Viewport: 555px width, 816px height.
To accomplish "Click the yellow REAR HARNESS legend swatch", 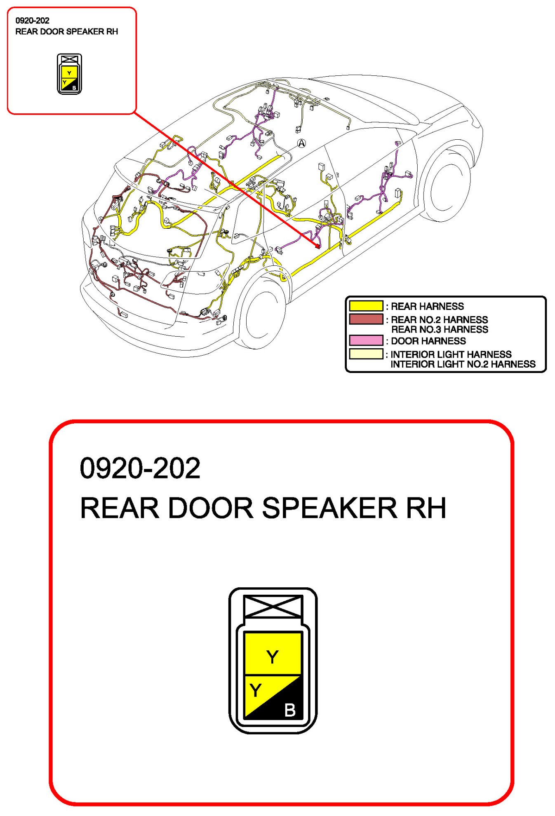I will (366, 306).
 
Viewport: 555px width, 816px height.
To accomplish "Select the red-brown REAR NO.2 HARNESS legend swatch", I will (366, 319).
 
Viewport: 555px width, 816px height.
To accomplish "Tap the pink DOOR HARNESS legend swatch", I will (366, 340).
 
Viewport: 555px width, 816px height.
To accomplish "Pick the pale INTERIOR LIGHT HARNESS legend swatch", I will (366, 354).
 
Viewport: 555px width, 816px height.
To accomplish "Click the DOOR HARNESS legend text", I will (428, 341).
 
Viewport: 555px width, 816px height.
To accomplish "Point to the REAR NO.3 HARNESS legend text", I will (439, 330).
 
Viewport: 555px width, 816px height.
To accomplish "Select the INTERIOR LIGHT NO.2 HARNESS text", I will (463, 364).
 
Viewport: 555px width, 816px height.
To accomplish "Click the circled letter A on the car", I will (301, 143).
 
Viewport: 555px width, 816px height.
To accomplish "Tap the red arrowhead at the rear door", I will (317, 246).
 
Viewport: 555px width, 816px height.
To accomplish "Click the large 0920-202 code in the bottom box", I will (140, 468).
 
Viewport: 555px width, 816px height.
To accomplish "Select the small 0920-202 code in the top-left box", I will (32, 21).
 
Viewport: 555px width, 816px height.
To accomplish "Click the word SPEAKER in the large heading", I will (330, 508).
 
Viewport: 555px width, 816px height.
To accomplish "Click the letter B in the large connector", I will (290, 710).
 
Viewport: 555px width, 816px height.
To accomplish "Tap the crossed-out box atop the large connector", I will (273, 606).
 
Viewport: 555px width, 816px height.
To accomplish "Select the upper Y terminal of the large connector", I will (273, 656).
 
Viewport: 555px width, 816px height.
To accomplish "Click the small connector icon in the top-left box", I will (69, 74).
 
